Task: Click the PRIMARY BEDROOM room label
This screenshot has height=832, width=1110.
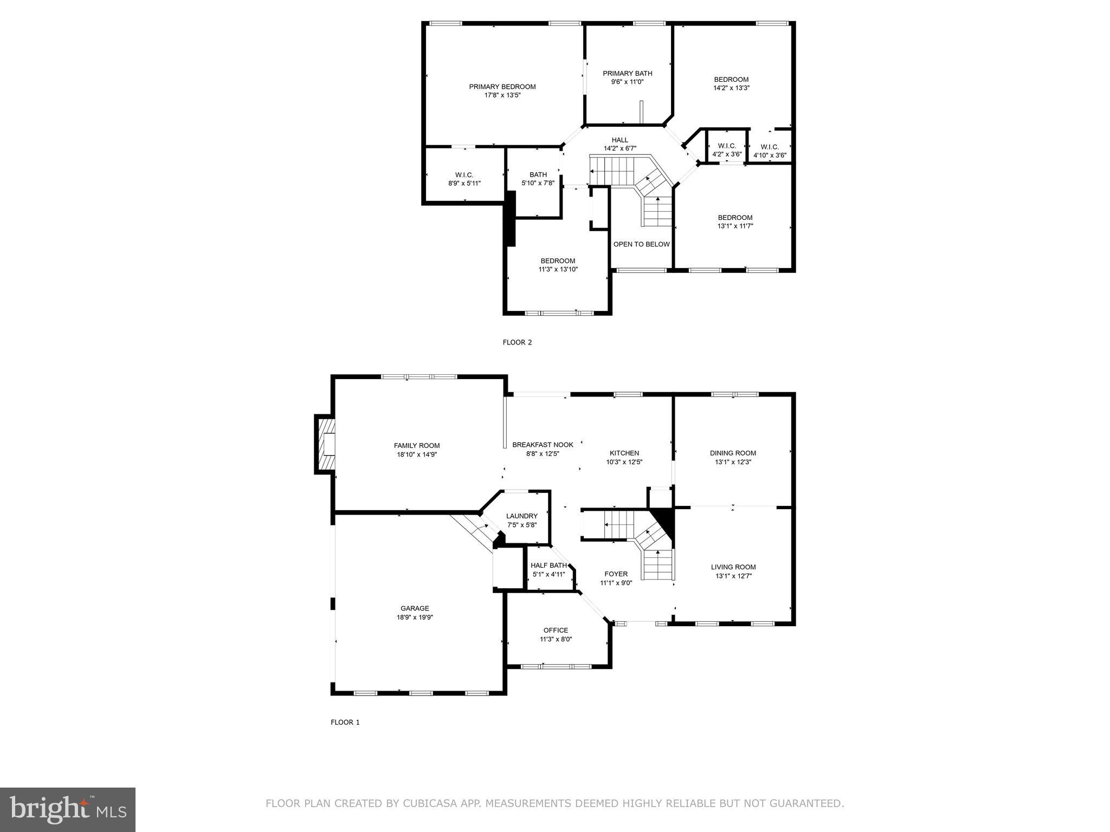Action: [x=502, y=87]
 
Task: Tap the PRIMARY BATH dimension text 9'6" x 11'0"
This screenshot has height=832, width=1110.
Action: [x=627, y=82]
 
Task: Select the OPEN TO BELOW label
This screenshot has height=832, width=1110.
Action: [x=641, y=244]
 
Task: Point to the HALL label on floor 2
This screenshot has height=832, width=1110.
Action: [x=619, y=140]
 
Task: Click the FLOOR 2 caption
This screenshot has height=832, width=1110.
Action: [x=517, y=342]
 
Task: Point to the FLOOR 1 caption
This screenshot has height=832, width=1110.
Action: [x=345, y=722]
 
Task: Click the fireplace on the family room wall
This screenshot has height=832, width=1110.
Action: [x=325, y=444]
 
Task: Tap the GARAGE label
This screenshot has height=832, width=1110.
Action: [x=415, y=608]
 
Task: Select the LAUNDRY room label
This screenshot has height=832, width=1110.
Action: [x=521, y=516]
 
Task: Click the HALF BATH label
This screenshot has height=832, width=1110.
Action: [x=548, y=565]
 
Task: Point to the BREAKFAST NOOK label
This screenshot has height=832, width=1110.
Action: [x=542, y=445]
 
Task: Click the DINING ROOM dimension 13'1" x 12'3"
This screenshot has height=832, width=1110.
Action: [x=733, y=463]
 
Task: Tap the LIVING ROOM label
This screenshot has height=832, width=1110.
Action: [x=733, y=567]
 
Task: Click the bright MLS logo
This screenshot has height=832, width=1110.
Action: [x=68, y=809]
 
